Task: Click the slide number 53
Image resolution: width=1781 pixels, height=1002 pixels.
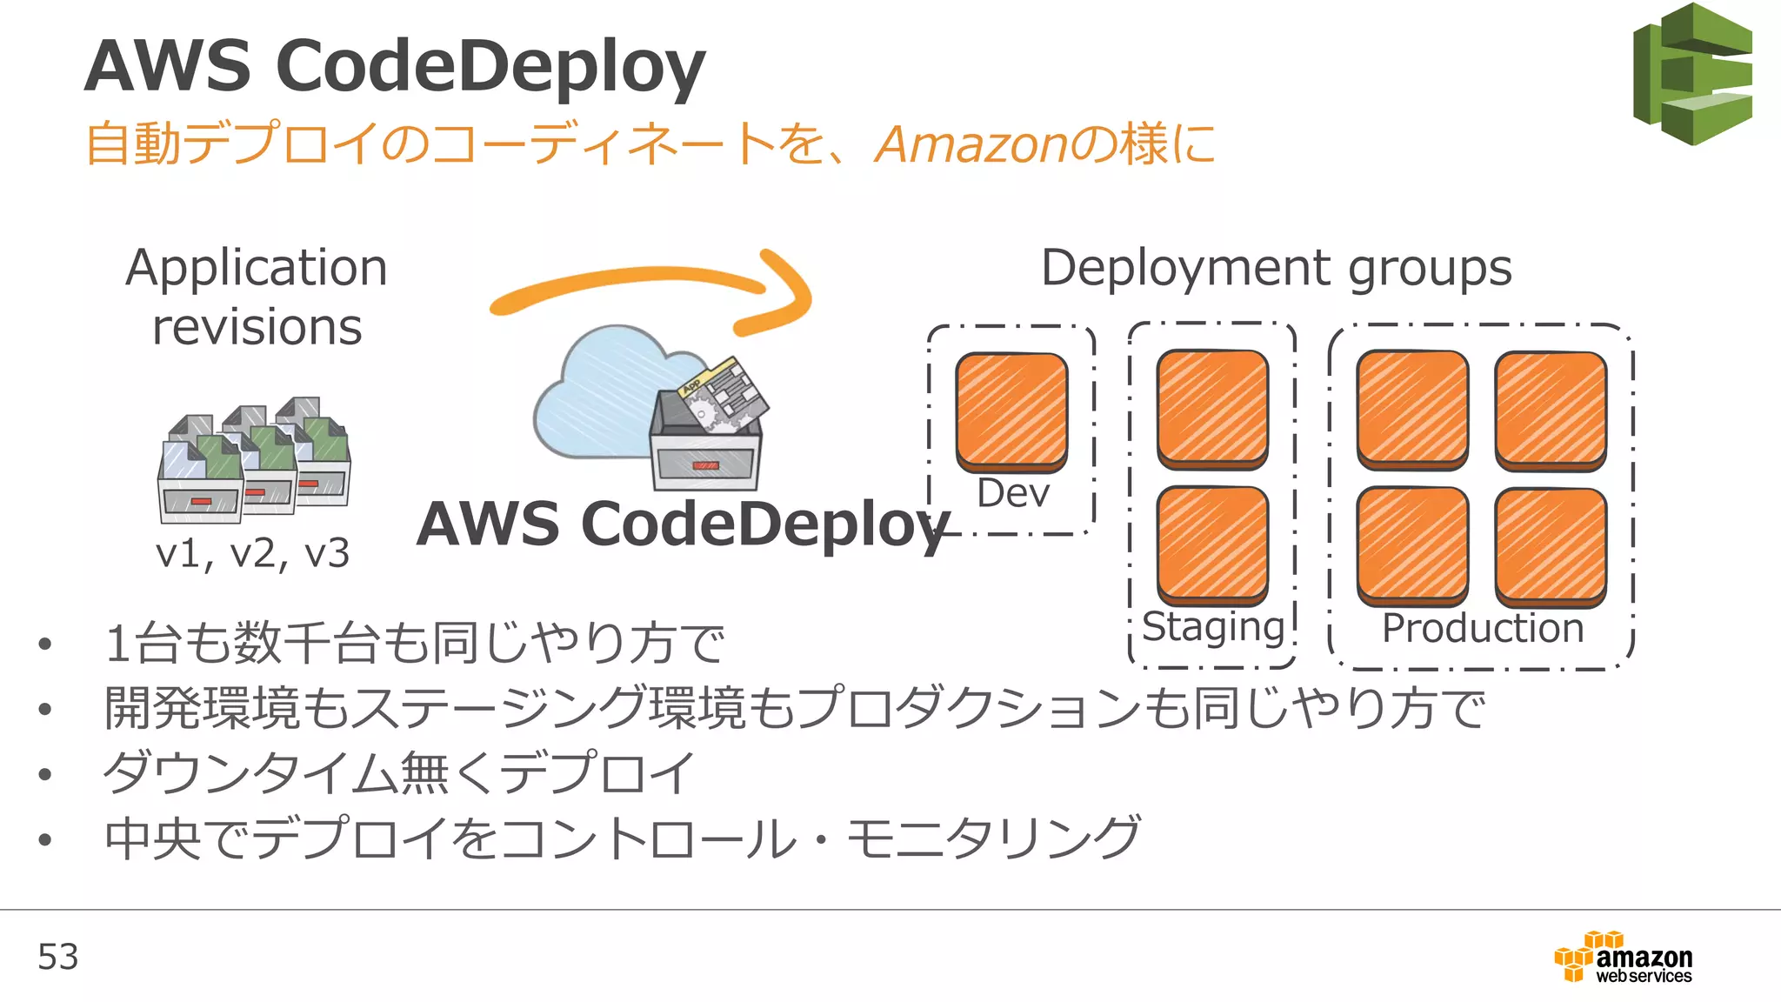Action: tap(57, 957)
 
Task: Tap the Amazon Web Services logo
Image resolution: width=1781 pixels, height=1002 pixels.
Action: tap(1623, 958)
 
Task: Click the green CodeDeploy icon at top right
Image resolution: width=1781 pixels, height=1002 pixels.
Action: tap(1691, 74)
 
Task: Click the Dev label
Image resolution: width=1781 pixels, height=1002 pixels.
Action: tap(1013, 493)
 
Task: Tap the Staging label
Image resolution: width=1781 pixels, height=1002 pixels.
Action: tap(1213, 626)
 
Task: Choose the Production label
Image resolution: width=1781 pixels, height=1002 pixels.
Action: tap(1483, 628)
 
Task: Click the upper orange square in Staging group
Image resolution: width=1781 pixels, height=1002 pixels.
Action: tap(1212, 408)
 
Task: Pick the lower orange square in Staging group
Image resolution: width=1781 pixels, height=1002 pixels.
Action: tap(1212, 544)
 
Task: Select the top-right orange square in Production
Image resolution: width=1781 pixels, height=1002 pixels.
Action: tap(1551, 409)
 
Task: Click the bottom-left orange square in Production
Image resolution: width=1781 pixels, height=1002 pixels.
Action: tap(1412, 545)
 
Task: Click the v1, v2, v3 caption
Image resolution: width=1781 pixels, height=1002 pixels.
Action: tap(252, 553)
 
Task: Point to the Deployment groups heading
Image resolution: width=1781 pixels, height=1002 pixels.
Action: tap(1276, 268)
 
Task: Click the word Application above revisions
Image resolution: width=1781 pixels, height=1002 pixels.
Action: tap(257, 268)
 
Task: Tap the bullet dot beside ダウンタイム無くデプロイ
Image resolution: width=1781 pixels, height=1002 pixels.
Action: tap(45, 774)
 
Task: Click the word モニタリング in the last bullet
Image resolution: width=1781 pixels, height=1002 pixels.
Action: tap(991, 838)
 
